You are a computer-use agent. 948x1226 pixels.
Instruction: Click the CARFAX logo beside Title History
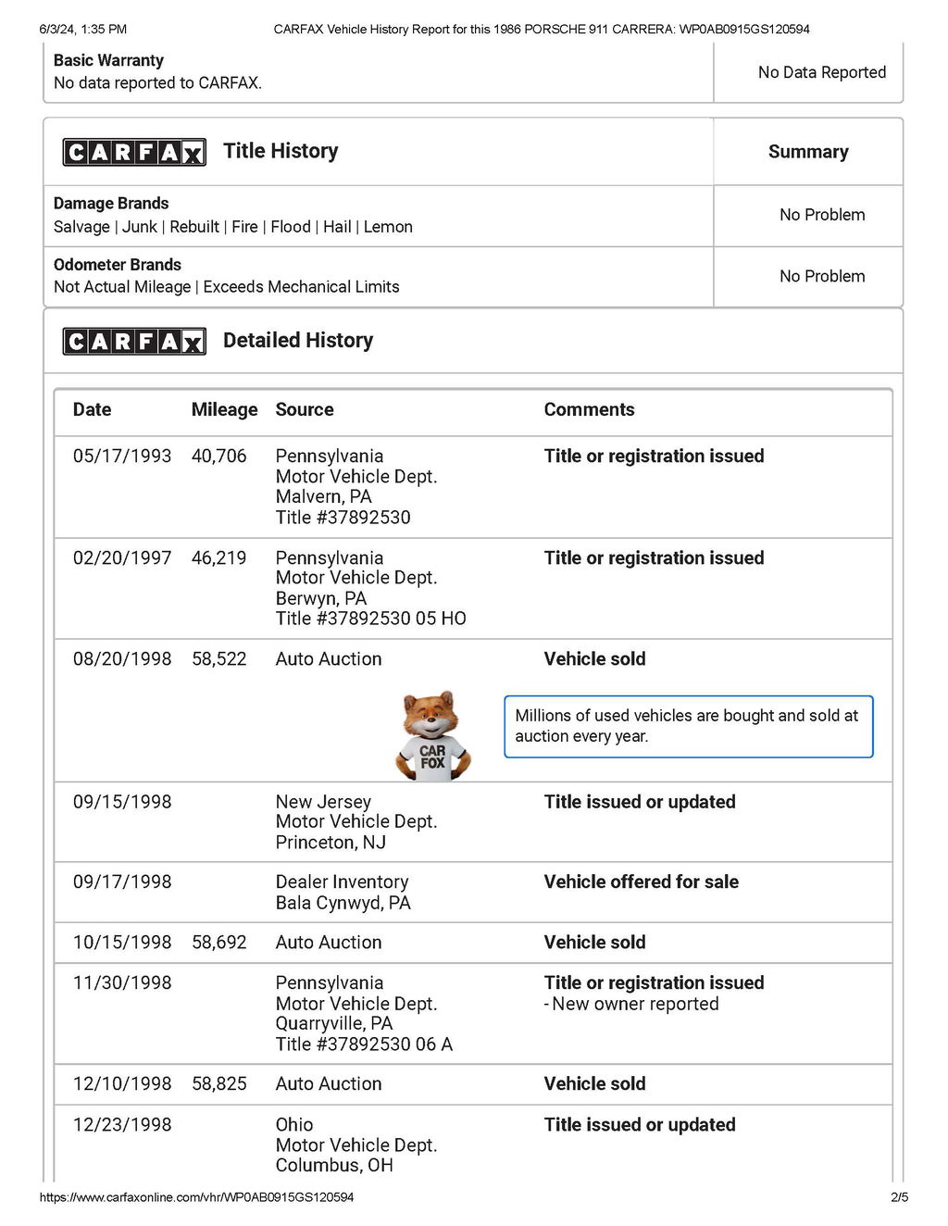pos(134,152)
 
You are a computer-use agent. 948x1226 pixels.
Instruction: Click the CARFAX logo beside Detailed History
pos(134,341)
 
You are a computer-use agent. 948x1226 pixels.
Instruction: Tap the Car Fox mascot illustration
pos(432,736)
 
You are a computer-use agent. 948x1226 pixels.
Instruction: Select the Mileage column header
pos(224,409)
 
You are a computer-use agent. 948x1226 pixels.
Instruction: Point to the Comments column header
pos(589,409)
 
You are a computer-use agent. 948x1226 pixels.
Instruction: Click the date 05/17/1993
pos(122,456)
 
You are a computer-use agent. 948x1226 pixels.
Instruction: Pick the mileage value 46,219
pos(219,557)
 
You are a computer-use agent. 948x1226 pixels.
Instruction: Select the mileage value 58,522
pos(219,659)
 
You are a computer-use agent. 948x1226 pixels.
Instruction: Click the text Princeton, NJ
pos(331,843)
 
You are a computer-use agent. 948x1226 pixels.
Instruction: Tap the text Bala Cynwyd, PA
pos(343,903)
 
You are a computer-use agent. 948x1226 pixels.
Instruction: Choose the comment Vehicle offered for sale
pos(641,882)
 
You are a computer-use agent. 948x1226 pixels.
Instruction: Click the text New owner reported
pos(635,1004)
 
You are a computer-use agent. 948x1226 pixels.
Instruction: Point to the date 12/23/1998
pos(122,1124)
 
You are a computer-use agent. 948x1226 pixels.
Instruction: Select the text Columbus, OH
pos(334,1165)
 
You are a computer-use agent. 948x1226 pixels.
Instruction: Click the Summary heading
pos(808,152)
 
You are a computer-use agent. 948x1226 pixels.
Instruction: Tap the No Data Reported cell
pos(822,72)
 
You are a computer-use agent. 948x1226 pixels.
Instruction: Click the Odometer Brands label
pos(118,265)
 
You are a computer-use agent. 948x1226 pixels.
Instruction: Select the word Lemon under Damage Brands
pos(388,227)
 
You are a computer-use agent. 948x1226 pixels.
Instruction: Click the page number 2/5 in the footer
pos(899,1197)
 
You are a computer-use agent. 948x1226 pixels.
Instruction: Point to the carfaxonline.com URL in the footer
pos(196,1197)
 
